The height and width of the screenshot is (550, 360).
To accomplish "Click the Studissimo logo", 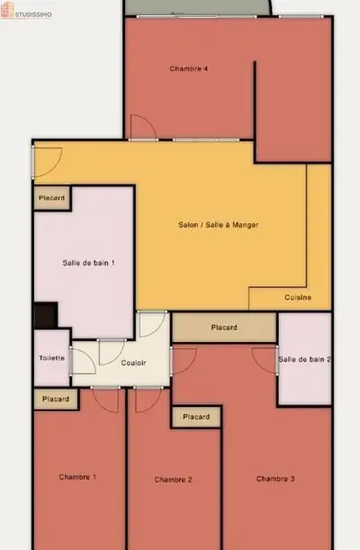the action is (26, 11).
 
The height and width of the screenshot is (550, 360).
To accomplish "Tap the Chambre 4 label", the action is (189, 68).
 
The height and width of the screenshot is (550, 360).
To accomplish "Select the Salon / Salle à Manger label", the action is (218, 225).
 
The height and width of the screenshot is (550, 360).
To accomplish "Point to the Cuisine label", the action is (298, 297).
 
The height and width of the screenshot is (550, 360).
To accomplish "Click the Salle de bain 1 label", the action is (88, 263).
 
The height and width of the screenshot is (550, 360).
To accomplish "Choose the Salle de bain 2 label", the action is (304, 359).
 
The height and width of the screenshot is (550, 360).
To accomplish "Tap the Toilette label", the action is (52, 358).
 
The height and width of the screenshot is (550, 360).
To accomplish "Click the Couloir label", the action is (133, 363).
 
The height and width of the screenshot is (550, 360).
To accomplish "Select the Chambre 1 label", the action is (77, 477).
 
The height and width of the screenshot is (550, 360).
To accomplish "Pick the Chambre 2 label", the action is (173, 480).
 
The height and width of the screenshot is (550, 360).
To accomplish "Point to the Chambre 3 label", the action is (275, 479).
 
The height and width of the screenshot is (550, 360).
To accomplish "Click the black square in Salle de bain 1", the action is (46, 315).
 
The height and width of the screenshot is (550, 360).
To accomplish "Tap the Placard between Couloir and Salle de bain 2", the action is (224, 328).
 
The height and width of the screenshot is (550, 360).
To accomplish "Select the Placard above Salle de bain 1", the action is (52, 198).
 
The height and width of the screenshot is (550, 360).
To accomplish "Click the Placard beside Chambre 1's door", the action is (56, 399).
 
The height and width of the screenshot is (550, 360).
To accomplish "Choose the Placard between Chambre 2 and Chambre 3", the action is (196, 417).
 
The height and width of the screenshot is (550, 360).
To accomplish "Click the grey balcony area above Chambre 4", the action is (198, 7).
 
